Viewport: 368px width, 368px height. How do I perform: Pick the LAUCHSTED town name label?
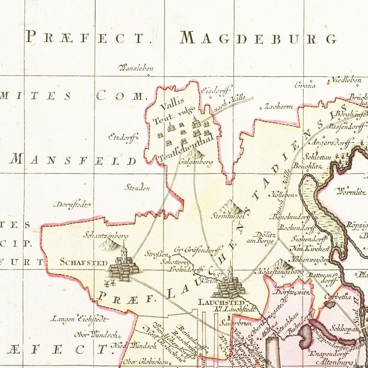[213, 302]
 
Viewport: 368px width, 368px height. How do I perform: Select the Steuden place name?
[137, 188]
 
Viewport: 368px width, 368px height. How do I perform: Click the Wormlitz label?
[351, 193]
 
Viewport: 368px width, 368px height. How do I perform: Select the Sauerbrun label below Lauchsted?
[232, 323]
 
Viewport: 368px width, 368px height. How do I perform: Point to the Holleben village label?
[282, 195]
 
